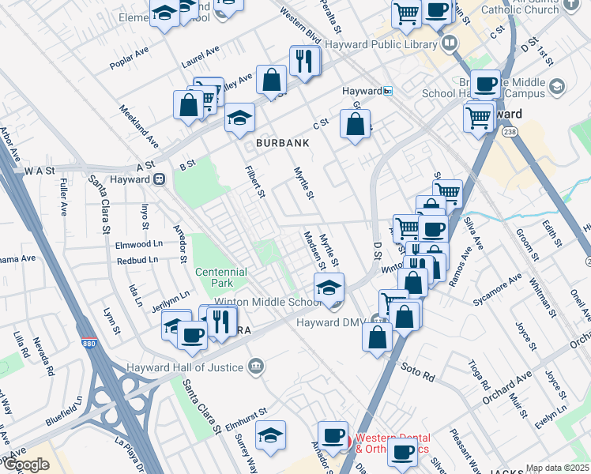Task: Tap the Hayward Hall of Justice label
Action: point(186,367)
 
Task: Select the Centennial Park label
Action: point(220,277)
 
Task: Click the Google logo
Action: point(25,465)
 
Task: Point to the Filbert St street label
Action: point(254,181)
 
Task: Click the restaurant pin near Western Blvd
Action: point(303,59)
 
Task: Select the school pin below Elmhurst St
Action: point(270,435)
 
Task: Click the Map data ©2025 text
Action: point(557,468)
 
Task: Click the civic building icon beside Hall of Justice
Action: point(255,366)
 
